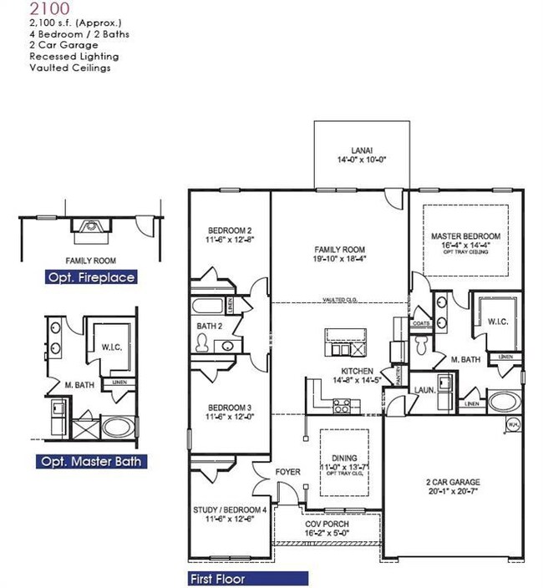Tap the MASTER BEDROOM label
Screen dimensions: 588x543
(465, 236)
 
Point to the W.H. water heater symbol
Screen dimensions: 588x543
(513, 424)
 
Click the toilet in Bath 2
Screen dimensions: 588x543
(201, 341)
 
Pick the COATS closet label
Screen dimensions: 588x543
(420, 325)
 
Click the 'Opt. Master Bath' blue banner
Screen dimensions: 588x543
(92, 461)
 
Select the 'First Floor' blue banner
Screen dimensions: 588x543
(248, 578)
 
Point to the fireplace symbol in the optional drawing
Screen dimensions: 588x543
(89, 224)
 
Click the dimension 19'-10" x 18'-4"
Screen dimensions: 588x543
(340, 260)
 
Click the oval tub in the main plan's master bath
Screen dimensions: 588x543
(505, 401)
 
